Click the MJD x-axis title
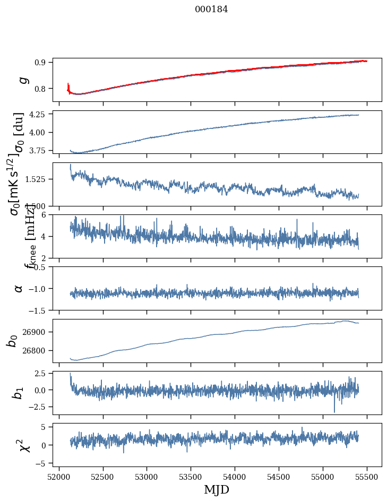coord(217,490)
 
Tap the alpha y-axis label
coord(19,288)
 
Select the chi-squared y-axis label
coord(24,445)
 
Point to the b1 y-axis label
coord(19,393)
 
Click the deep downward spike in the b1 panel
coord(334,411)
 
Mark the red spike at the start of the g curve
coord(68,86)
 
